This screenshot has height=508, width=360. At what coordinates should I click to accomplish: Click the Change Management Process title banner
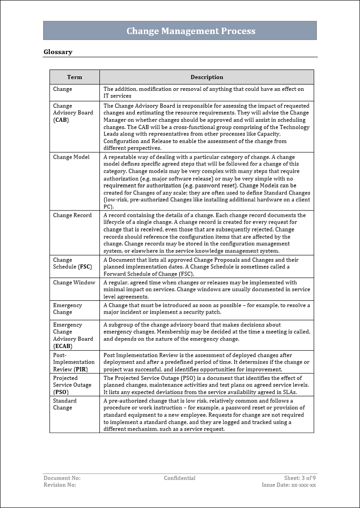191,31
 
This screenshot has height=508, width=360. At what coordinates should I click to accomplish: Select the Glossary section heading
58,52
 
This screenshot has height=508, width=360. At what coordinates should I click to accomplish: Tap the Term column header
74,77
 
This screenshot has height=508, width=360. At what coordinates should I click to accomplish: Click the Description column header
207,77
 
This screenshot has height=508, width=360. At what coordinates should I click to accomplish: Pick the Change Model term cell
71,157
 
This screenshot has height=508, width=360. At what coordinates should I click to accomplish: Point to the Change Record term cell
72,215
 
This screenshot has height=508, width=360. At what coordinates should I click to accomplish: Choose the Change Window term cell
74,283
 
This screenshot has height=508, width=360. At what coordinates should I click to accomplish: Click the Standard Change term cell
65,404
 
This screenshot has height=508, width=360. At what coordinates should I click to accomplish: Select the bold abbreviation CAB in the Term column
61,120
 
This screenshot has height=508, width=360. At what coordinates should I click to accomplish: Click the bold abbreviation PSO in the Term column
61,392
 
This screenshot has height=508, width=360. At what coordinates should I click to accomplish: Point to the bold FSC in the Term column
85,267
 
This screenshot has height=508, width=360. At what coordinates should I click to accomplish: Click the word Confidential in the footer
180,478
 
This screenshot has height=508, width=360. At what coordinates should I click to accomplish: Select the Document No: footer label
62,478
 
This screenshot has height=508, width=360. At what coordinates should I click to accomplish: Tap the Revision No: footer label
60,485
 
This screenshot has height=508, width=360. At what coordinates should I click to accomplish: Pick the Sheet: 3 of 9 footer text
300,478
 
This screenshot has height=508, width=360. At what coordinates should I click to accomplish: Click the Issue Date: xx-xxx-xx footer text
289,485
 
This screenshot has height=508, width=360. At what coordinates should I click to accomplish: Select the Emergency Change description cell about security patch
207,309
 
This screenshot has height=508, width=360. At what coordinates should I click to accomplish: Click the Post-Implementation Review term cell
74,362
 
